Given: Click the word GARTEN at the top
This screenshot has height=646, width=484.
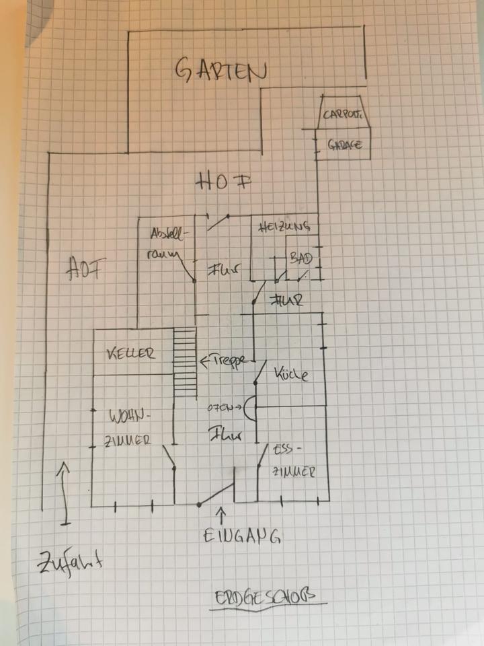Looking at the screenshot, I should click(x=220, y=70).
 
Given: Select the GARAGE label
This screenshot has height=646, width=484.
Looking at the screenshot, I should click(x=345, y=145).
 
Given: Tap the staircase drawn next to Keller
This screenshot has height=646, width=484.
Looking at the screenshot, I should click(x=185, y=363).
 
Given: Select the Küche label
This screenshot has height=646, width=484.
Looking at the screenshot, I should click(x=290, y=374).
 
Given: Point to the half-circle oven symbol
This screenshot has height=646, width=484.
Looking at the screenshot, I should click(x=249, y=408).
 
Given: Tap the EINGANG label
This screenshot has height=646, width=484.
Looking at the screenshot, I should click(x=242, y=536).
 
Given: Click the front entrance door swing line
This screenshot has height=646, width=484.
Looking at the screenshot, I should click(x=216, y=495).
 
